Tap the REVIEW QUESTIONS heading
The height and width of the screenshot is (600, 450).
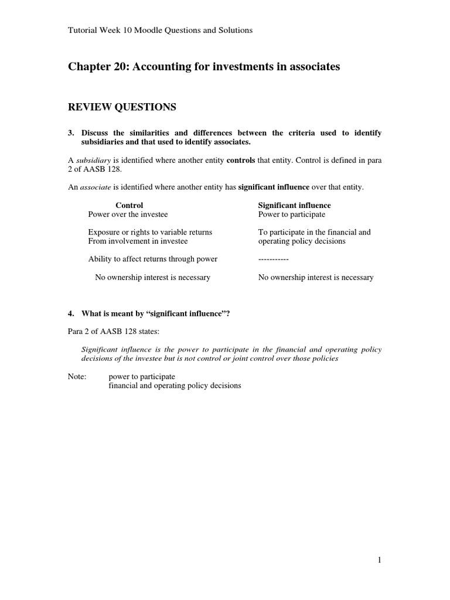click(122, 107)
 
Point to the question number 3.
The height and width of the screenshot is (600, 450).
click(71, 133)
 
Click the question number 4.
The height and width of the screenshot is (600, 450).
click(71, 313)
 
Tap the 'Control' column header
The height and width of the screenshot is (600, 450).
click(129, 206)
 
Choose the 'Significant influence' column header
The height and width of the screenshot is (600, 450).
click(294, 206)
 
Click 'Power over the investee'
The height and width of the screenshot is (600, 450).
click(128, 214)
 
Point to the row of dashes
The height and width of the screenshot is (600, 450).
click(274, 259)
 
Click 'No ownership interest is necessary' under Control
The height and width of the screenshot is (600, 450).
click(152, 277)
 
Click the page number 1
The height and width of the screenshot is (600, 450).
click(379, 560)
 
